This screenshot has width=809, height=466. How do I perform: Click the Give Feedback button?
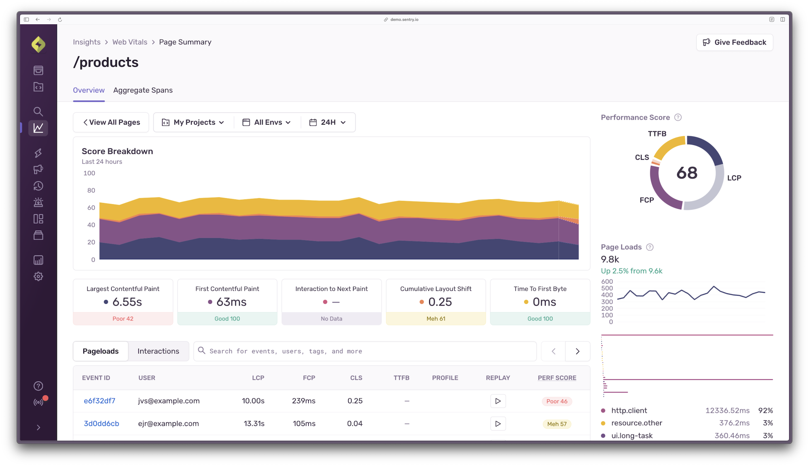[x=735, y=42]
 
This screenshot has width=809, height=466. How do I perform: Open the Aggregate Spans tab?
[x=143, y=90]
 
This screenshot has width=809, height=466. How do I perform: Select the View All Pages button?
[x=111, y=122]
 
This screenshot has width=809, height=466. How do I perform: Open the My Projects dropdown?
[x=193, y=122]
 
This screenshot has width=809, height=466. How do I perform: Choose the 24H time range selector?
[x=328, y=122]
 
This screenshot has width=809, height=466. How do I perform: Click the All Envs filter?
[x=267, y=122]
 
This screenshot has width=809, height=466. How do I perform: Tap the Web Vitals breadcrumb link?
[x=130, y=42]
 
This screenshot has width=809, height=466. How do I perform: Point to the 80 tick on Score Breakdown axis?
[x=91, y=191]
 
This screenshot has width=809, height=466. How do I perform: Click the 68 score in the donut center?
[x=687, y=173]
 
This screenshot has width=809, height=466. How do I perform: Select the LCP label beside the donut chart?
[x=734, y=178]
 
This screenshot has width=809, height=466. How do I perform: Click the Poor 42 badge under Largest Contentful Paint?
[x=123, y=319]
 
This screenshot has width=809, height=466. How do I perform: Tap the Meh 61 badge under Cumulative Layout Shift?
[x=436, y=319]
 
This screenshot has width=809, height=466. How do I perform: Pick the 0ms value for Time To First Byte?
[x=544, y=302]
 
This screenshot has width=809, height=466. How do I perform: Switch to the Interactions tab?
[x=158, y=351]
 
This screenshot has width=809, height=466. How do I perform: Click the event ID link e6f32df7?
[x=100, y=401]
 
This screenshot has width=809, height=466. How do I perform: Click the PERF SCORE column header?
[x=557, y=378]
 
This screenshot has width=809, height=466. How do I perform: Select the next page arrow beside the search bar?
[x=578, y=351]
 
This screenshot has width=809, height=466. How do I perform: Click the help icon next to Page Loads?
[x=650, y=247]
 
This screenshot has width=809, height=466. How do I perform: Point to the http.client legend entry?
[x=629, y=411]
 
